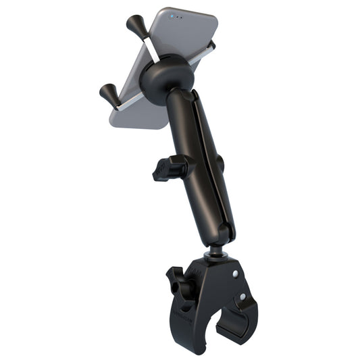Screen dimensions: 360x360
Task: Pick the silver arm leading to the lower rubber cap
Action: click(x=128, y=99)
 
